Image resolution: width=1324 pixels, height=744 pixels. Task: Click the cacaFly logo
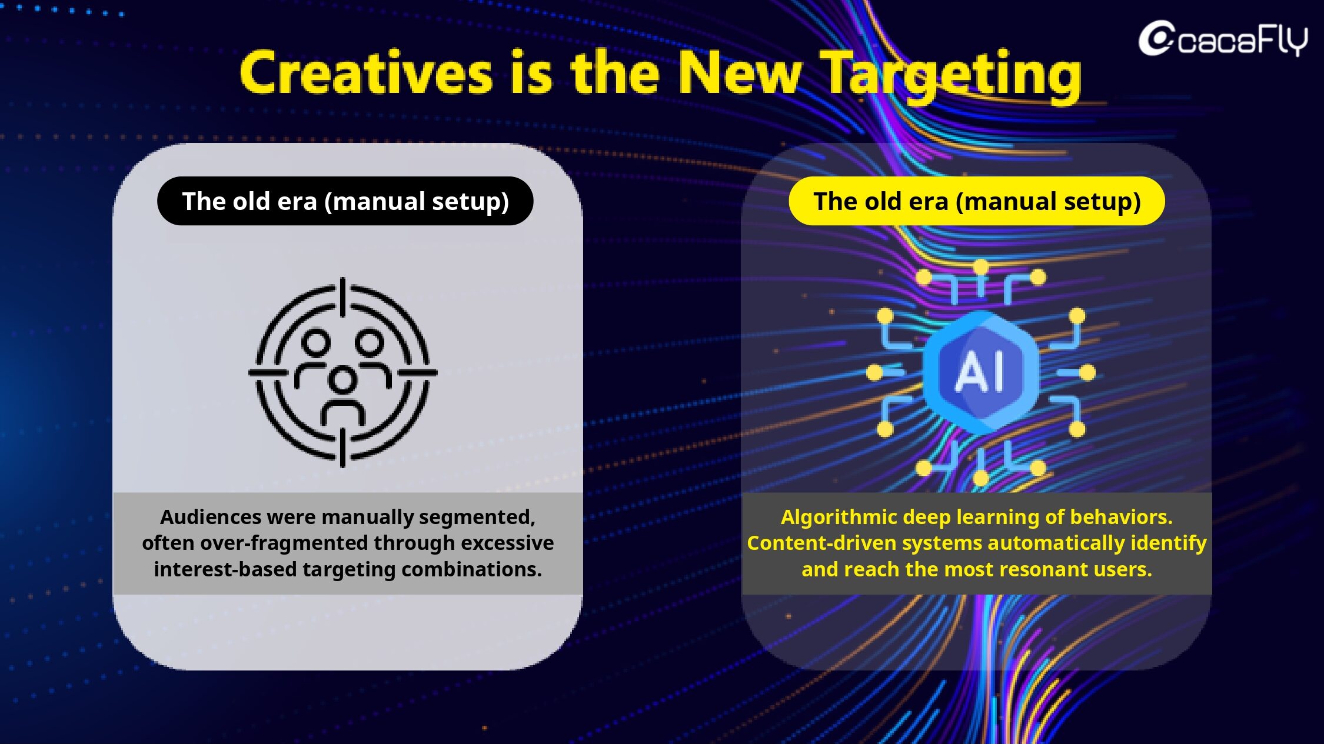pos(1223,39)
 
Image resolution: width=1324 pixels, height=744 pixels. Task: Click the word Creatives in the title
pos(366,73)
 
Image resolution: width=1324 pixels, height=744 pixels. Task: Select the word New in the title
pos(740,73)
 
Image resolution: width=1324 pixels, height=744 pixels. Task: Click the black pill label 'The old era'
pos(345,201)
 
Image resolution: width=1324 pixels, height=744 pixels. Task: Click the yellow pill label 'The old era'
pos(977,201)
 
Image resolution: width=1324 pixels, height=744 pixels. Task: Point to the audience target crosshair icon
pos(343,372)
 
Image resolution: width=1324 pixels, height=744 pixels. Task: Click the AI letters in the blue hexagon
pos(980,372)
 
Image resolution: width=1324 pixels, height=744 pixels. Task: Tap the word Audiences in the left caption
pos(211,517)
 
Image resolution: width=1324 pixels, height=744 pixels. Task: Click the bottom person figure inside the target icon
pos(343,395)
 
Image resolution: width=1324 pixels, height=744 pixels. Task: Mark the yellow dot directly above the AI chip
pos(980,267)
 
